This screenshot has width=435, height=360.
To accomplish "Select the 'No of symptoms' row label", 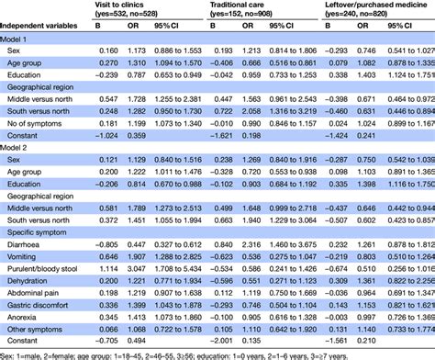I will point(37,146).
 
